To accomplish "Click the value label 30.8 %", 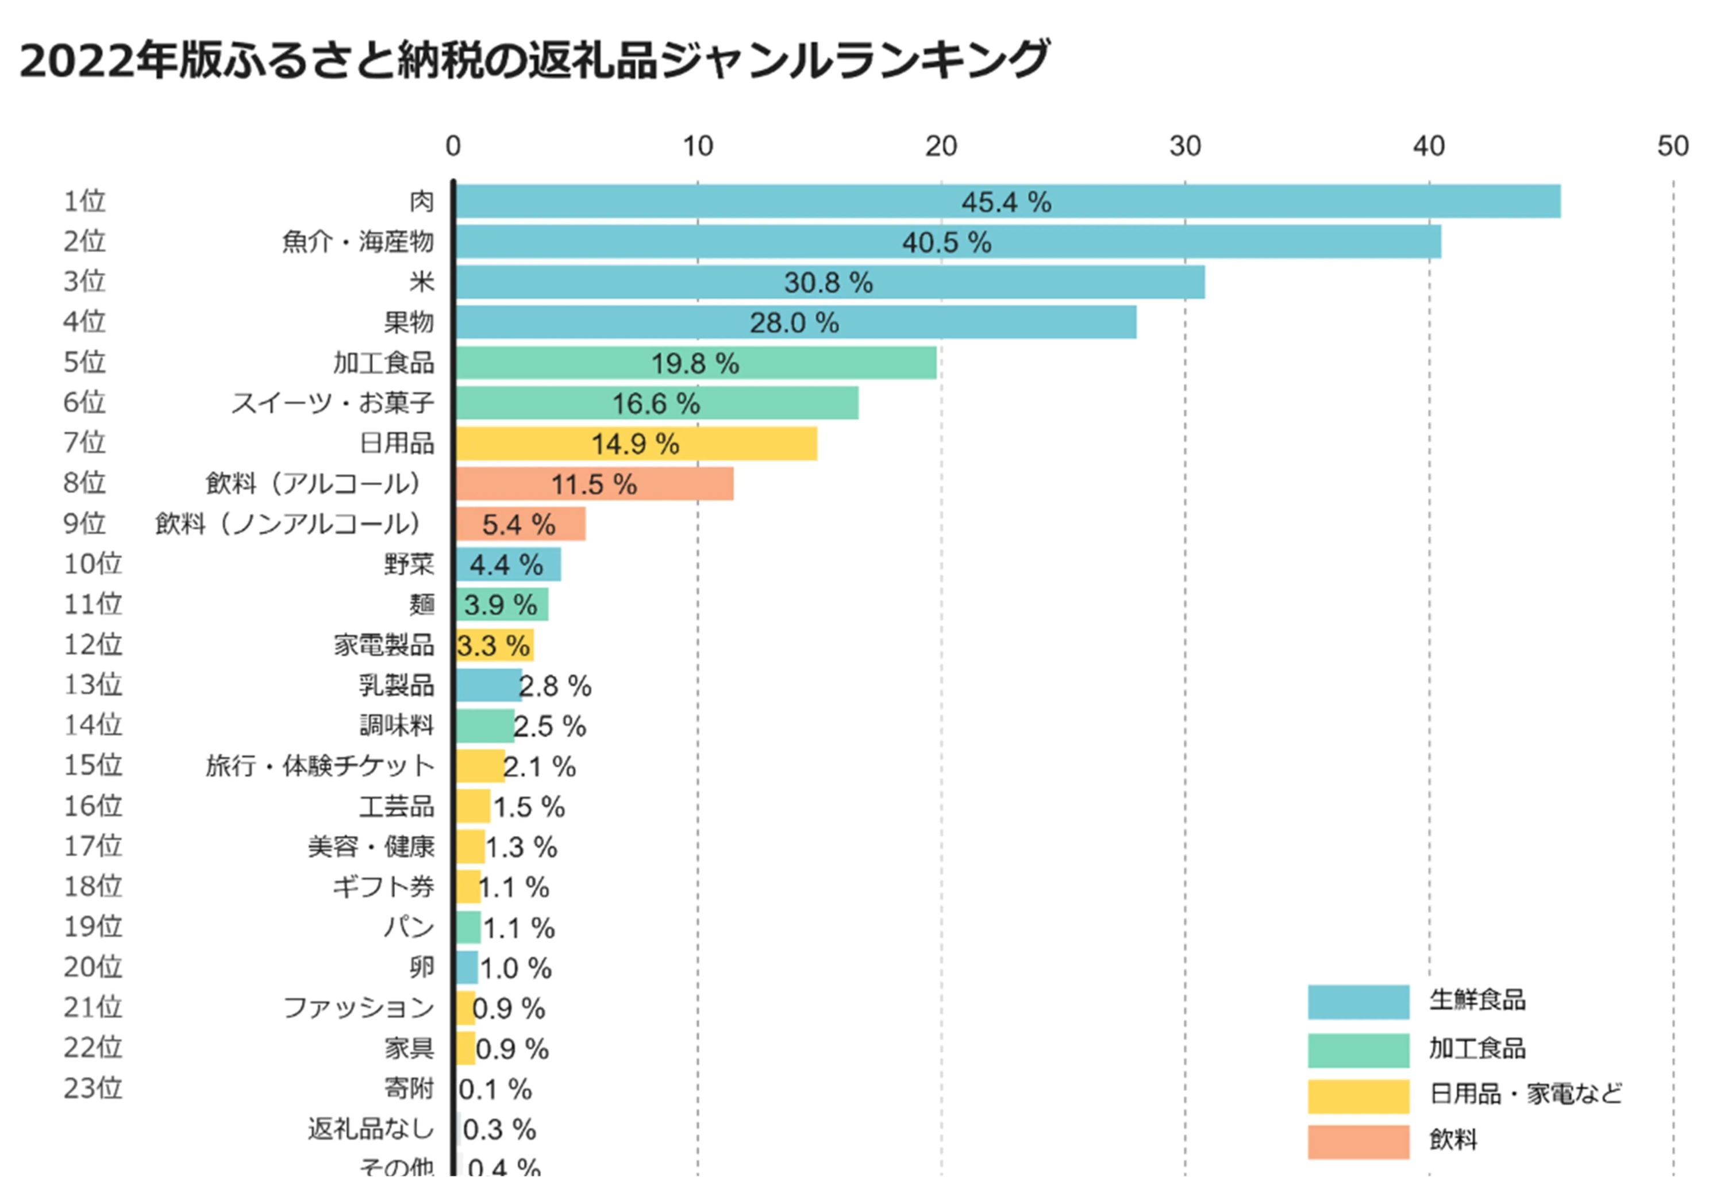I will click(828, 283).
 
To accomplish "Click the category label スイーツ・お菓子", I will click(332, 403).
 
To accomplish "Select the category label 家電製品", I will click(383, 644).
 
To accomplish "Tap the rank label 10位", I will click(93, 564).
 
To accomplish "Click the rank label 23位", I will click(93, 1088).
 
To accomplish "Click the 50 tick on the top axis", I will click(1672, 146).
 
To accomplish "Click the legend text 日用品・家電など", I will click(1525, 1094).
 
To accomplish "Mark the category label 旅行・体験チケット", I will click(320, 766).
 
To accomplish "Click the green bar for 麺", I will click(502, 605).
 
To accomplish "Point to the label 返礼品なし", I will click(371, 1129).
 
